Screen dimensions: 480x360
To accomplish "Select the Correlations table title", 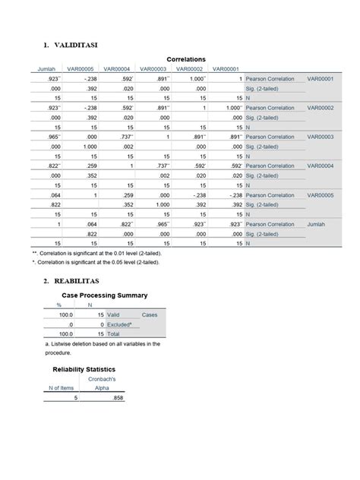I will (186, 59).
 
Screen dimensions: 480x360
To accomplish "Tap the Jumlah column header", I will (47, 69).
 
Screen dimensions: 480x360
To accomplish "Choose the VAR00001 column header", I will (226, 69).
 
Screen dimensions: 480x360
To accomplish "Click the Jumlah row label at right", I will (317, 224).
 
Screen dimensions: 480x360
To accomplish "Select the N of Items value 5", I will (75, 397).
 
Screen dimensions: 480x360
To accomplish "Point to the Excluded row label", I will (119, 324).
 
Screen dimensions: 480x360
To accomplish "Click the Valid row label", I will (113, 314).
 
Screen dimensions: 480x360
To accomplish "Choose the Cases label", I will (150, 314).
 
